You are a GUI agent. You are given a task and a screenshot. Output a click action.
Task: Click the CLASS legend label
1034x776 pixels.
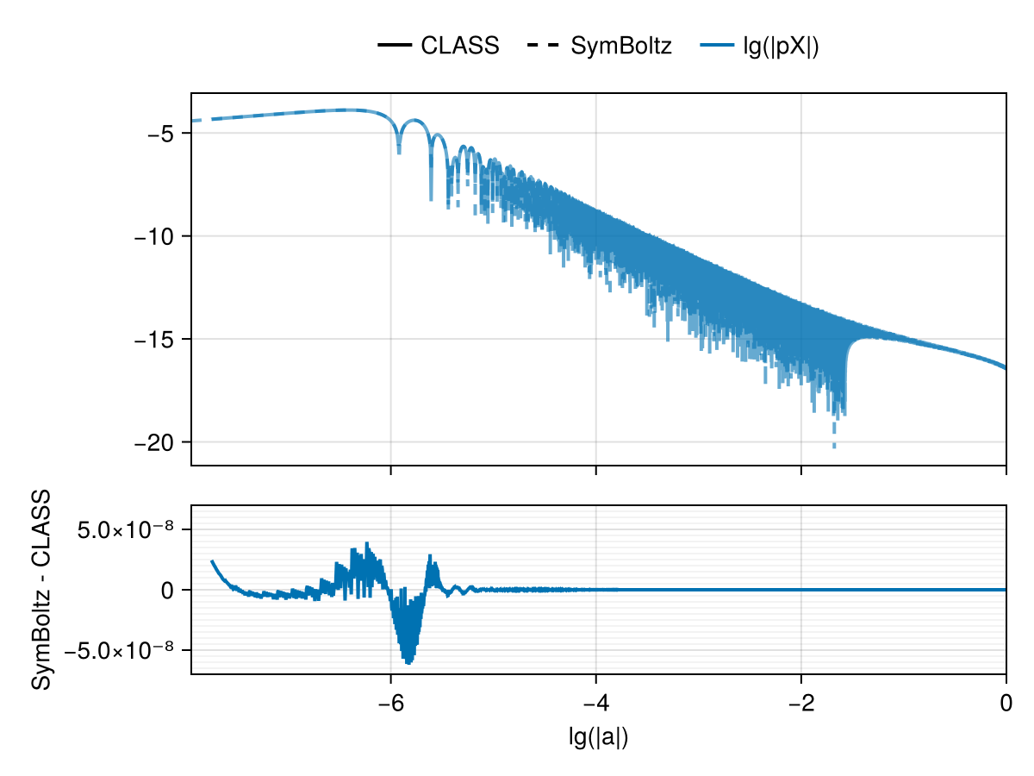click(459, 46)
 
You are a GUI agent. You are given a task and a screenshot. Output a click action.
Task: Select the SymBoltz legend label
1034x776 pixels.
click(620, 46)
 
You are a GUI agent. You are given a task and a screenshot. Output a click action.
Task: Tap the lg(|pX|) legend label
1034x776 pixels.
click(781, 46)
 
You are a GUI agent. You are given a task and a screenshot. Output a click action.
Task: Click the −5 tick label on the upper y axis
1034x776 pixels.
click(162, 134)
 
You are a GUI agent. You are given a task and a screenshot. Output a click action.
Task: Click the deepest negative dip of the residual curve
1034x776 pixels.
click(408, 662)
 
